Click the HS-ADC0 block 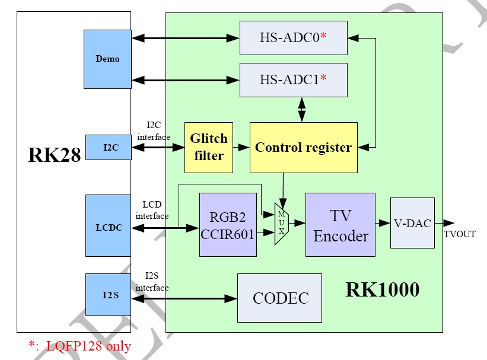[x=293, y=37]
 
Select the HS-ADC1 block [x=293, y=79]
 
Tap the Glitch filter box [x=208, y=147]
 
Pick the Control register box [x=303, y=147]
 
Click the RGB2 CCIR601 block [x=228, y=225]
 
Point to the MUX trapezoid [x=282, y=223]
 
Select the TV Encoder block [x=340, y=225]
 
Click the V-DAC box [x=412, y=223]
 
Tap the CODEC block [x=279, y=298]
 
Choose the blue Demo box [x=107, y=59]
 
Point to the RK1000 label [x=382, y=290]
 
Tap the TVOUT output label [x=460, y=234]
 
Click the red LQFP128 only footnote [x=79, y=346]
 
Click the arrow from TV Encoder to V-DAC [x=383, y=224]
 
